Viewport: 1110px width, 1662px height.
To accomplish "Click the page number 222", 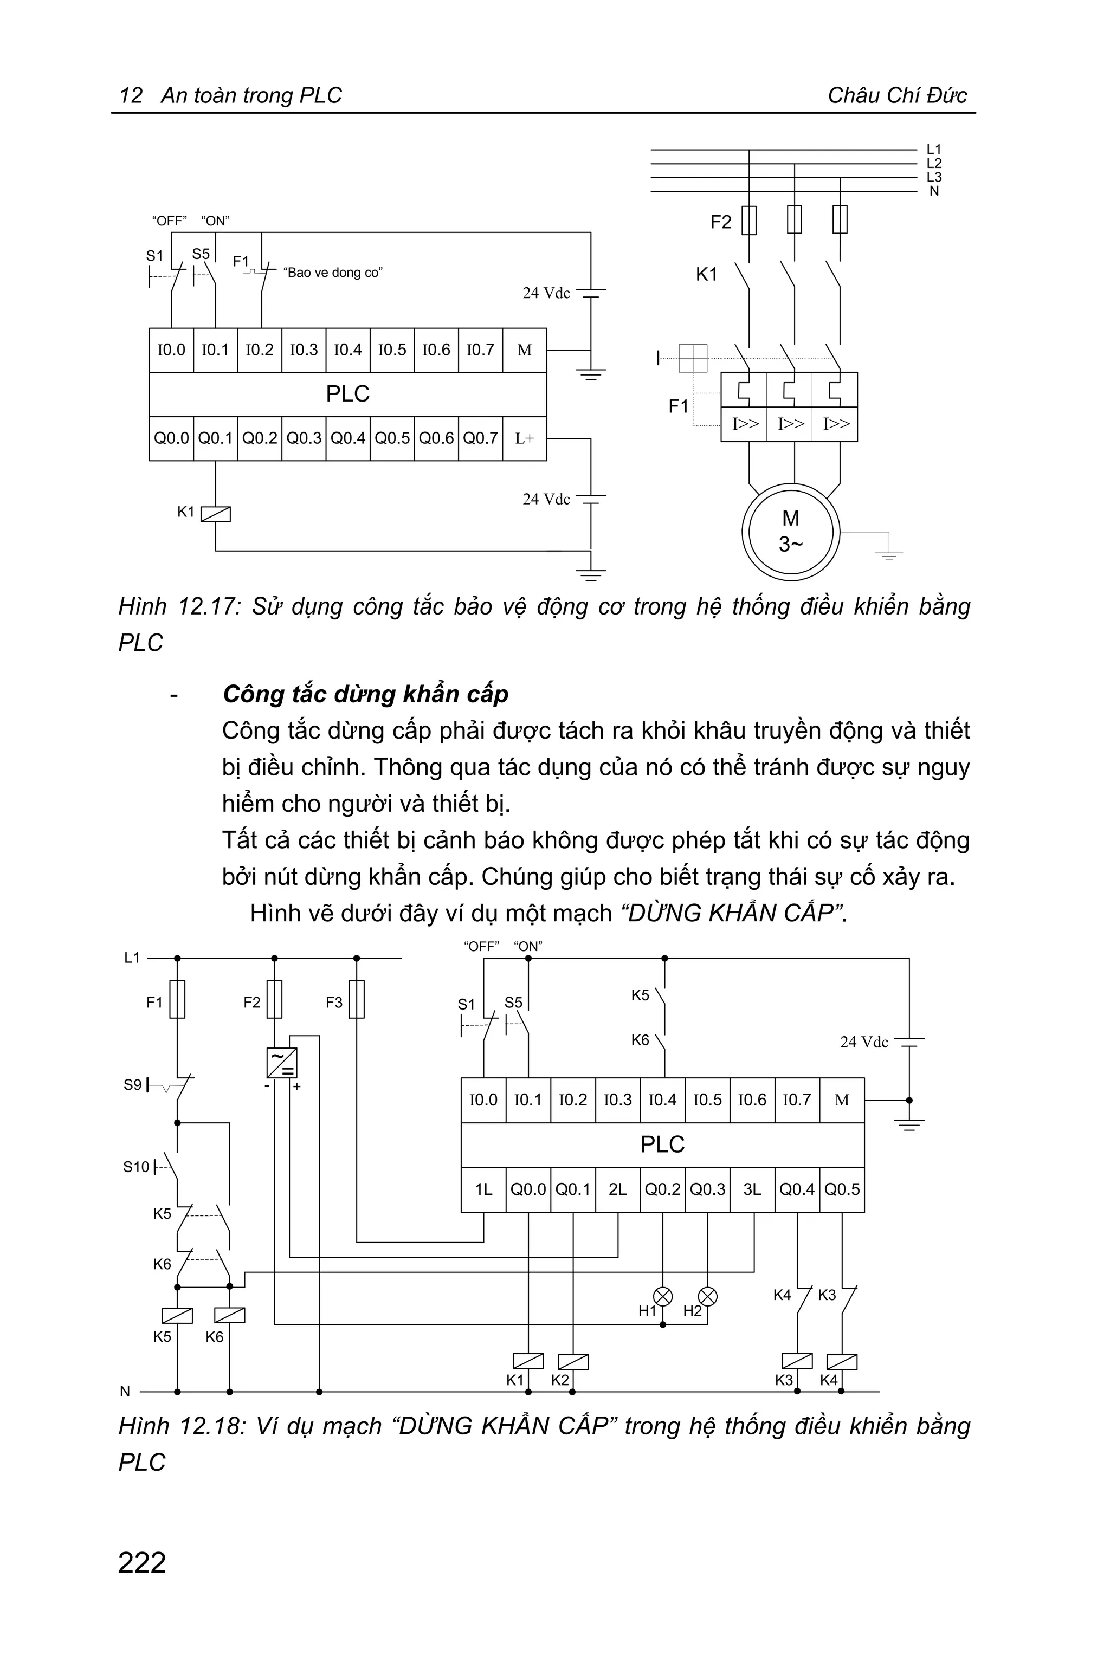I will (x=143, y=1563).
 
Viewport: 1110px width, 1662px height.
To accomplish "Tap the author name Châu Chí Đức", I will (x=897, y=95).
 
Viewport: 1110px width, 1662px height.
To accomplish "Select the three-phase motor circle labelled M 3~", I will (x=791, y=531).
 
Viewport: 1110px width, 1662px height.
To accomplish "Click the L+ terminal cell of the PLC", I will (x=525, y=439).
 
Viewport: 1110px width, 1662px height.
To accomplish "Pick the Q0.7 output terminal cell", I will (x=481, y=439).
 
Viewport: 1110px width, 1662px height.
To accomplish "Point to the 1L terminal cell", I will (x=483, y=1190).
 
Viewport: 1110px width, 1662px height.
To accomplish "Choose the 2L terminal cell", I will (x=618, y=1190).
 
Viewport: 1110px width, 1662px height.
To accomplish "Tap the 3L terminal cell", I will (x=752, y=1190).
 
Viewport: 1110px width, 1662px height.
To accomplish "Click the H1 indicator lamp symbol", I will (x=663, y=1296).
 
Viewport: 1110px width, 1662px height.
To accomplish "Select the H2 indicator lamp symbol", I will (x=708, y=1296).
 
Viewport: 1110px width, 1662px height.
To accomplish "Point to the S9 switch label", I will (x=132, y=1084).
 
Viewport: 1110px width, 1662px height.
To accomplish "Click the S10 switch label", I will (x=136, y=1167).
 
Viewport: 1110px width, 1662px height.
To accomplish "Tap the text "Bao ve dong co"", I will (x=333, y=273).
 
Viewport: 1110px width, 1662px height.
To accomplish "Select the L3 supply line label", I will (x=934, y=177).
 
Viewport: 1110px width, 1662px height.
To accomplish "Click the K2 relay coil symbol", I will (x=573, y=1361).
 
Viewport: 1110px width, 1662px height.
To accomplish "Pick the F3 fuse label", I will (x=334, y=1003).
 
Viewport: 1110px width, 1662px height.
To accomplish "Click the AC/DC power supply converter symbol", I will (x=282, y=1063).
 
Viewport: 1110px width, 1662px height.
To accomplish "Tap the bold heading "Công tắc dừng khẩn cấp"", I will (x=365, y=694).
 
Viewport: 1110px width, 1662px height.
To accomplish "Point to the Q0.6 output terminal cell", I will (x=436, y=439).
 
